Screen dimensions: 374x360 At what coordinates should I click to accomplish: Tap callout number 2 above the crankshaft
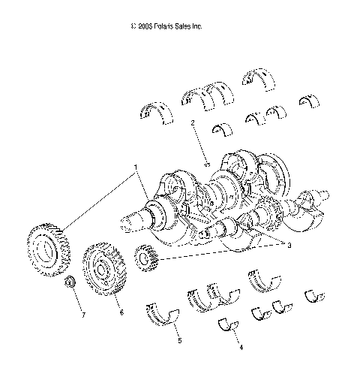pos(193,122)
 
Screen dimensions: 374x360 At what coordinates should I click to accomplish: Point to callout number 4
pos(240,348)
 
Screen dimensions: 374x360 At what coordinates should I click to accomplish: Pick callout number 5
pos(178,340)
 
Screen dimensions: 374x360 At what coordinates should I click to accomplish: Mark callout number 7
pos(82,315)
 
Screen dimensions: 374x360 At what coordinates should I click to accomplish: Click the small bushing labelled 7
pos(70,283)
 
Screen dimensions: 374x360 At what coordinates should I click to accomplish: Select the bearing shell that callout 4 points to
pos(229,325)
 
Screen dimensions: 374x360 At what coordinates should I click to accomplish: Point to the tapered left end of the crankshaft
pos(130,223)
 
